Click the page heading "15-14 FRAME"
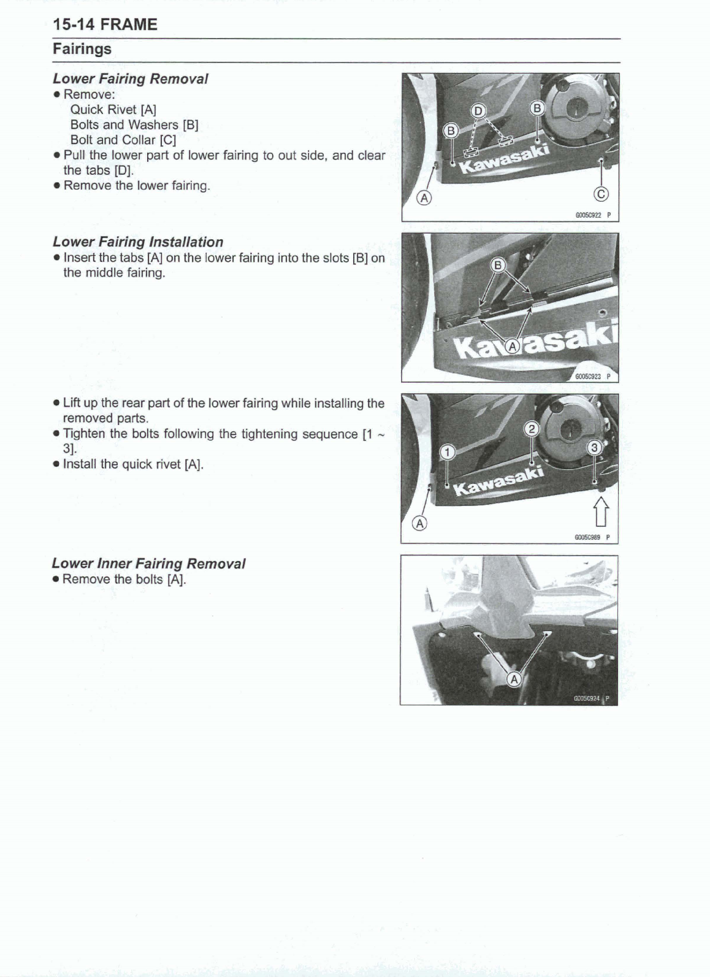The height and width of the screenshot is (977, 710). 105,25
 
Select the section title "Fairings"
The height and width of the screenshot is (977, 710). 82,48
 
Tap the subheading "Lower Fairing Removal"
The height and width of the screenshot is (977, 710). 130,79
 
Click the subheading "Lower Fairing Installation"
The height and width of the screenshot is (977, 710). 138,242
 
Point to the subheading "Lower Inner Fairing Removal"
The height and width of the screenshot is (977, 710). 148,563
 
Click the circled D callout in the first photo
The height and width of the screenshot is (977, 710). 476,110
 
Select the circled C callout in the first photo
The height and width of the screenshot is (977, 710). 601,194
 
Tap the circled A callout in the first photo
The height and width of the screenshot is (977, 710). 424,197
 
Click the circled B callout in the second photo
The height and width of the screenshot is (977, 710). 498,265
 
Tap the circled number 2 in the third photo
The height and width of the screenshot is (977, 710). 532,429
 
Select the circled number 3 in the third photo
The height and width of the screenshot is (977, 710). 594,447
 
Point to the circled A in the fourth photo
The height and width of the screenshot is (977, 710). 514,679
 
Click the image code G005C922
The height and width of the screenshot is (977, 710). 588,215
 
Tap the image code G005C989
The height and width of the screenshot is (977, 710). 587,537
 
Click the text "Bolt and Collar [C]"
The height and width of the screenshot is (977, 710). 123,140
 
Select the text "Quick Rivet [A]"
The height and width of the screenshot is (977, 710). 113,109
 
